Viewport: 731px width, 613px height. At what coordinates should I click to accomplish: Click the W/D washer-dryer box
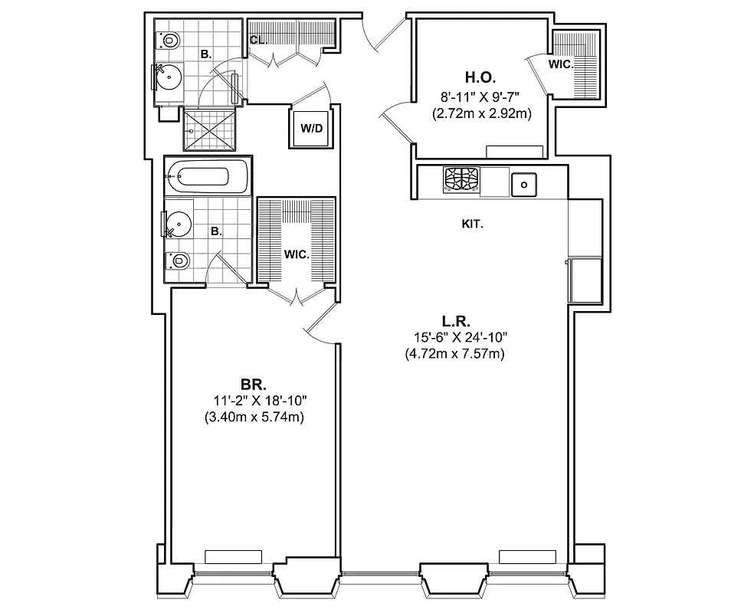(311, 128)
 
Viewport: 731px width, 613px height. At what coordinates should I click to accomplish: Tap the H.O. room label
(480, 77)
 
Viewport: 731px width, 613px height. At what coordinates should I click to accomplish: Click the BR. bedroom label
(253, 384)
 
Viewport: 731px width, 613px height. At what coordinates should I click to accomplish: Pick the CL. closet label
(258, 41)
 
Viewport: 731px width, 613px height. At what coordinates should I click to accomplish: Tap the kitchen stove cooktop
(461, 181)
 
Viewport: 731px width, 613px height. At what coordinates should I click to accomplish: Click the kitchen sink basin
(524, 183)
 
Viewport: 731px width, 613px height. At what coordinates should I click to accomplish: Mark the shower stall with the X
(211, 129)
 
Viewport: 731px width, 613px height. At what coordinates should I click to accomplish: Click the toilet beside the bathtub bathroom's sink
(179, 261)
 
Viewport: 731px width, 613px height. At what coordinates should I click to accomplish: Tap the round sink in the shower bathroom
(170, 77)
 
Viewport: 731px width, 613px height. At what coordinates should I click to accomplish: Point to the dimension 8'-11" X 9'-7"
(480, 97)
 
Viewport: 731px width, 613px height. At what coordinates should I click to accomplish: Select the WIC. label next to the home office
(560, 65)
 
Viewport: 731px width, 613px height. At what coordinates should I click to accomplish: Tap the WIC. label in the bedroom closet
(297, 254)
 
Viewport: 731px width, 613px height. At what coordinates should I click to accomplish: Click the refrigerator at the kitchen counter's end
(585, 280)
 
